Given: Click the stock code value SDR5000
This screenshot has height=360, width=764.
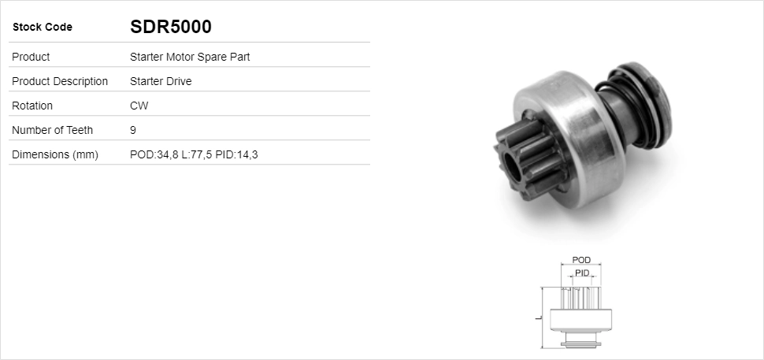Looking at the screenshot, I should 170,27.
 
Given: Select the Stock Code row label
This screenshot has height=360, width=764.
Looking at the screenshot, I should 43,28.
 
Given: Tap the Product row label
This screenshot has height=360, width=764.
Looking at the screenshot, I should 32,57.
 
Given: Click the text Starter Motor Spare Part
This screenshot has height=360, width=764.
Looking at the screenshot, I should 190,57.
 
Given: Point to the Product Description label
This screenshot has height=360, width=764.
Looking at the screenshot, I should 60,81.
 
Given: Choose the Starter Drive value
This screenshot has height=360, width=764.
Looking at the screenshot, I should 161,81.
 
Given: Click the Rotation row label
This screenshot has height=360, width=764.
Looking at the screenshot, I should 32,106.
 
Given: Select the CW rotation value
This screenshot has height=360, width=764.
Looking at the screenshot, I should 139,106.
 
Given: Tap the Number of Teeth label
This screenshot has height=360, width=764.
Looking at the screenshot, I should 52,130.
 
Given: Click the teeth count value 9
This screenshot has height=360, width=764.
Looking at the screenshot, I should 133,130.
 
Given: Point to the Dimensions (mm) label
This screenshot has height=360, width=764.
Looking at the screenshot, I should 54,154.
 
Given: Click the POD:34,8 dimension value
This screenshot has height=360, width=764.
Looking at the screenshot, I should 154,154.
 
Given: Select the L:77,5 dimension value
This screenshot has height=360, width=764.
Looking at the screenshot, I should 197,154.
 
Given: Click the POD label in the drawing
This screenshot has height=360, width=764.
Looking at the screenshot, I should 581,260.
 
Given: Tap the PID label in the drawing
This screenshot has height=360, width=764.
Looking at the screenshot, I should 582,273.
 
